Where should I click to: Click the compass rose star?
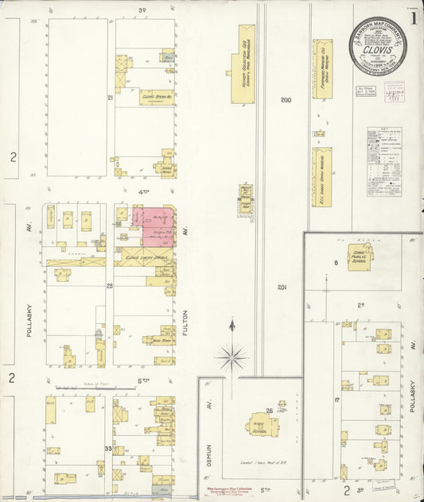[x=231, y=355]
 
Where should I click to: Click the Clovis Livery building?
[x=143, y=257]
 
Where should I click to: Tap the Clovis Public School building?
[x=360, y=256]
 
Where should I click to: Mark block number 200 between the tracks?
[x=286, y=100]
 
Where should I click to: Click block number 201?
[x=282, y=287]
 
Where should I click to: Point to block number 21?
[x=111, y=97]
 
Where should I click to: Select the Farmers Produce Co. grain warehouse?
[x=322, y=69]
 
